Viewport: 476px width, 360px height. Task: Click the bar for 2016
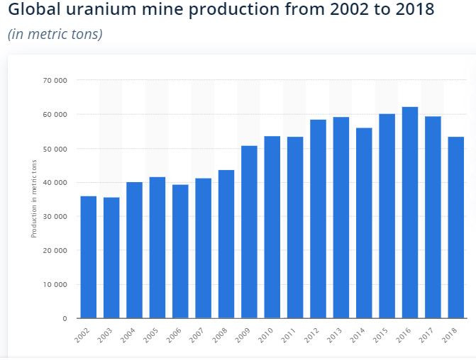click(x=409, y=213)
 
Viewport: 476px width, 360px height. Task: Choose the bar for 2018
click(x=455, y=227)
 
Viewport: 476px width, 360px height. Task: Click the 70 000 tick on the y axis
click(x=55, y=81)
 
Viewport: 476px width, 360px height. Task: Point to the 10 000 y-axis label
click(x=55, y=285)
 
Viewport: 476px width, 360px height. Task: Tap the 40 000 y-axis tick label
click(x=55, y=183)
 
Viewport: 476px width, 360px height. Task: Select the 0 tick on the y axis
click(x=65, y=319)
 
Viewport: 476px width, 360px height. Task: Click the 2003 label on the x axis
click(x=106, y=335)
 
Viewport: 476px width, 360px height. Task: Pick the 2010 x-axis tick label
click(x=266, y=335)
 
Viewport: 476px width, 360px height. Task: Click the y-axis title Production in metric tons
click(x=33, y=200)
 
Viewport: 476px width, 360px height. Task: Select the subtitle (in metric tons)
click(x=55, y=34)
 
